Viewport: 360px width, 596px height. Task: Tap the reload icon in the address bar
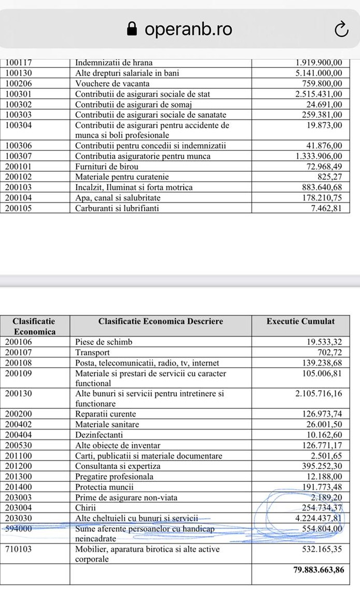[x=341, y=30]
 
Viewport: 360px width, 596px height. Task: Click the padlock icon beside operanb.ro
[x=132, y=29]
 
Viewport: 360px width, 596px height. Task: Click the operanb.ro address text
[x=188, y=29]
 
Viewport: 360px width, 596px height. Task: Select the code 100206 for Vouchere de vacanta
[x=18, y=84]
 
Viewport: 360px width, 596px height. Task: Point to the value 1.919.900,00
[x=319, y=63]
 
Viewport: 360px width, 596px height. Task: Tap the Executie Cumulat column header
[x=300, y=322]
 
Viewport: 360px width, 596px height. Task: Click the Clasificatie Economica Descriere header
[x=161, y=322]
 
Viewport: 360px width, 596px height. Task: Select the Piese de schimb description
[x=104, y=342]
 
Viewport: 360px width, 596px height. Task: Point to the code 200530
[x=18, y=446]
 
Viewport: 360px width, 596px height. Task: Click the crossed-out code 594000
[x=18, y=529]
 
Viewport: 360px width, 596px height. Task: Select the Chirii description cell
[x=87, y=508]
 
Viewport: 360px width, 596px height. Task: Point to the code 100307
[x=18, y=156]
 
